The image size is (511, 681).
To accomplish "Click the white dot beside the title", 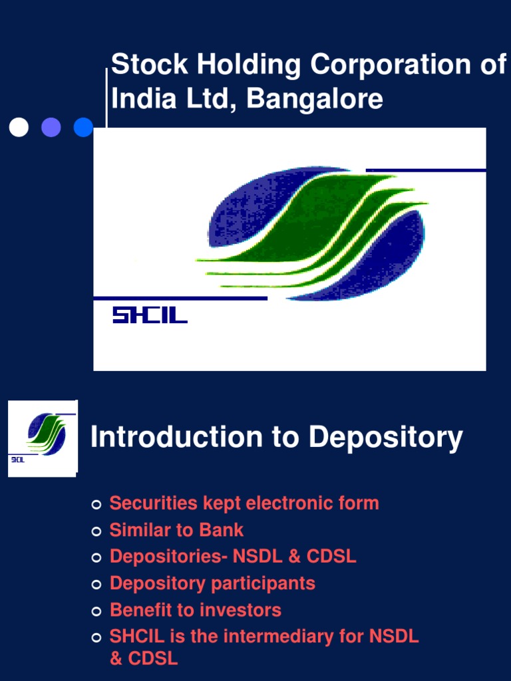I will (x=19, y=127).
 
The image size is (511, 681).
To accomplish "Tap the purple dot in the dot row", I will (x=51, y=127).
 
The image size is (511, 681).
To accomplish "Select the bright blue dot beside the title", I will (x=83, y=127).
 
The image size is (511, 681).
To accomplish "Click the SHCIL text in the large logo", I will (x=150, y=315).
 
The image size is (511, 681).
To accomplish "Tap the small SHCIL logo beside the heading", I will (x=43, y=438).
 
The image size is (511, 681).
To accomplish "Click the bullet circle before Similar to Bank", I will (x=96, y=531).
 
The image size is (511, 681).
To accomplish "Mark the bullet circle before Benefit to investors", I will (x=96, y=611).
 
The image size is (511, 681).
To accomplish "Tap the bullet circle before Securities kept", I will (x=96, y=505).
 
